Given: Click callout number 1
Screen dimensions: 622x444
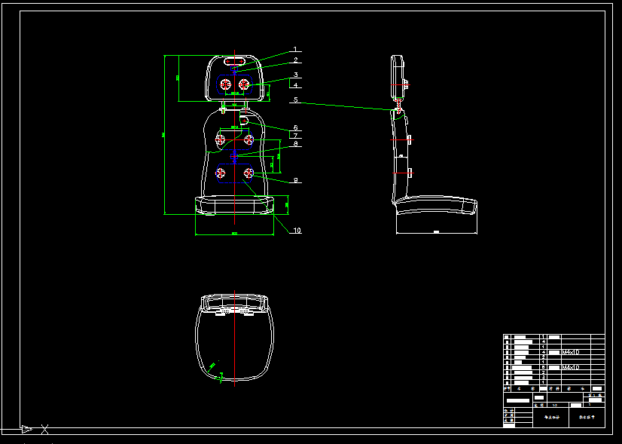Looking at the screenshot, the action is tap(295, 50).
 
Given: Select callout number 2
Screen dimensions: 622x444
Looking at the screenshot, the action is tap(296, 60).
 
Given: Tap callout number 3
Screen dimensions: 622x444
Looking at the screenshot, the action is tap(297, 75).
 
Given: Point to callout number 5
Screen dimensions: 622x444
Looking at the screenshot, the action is tap(296, 100).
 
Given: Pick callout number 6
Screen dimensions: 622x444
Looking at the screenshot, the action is tap(296, 127).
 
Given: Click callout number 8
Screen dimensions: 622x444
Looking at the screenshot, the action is tap(296, 143).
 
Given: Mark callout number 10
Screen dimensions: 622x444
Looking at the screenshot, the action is tap(297, 231).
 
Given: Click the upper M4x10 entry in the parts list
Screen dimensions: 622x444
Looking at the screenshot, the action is tap(570, 352).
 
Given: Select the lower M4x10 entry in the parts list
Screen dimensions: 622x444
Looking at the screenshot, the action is tap(570, 367).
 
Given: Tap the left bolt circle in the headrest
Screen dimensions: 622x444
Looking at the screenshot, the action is tap(224, 84).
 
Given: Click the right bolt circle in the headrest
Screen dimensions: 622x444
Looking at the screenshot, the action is tap(244, 84).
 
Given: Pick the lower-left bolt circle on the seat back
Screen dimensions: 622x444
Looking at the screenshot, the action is tap(221, 174).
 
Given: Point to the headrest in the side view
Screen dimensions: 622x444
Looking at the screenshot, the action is tap(396, 75).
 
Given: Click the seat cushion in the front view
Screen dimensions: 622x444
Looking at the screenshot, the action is tap(233, 204).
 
